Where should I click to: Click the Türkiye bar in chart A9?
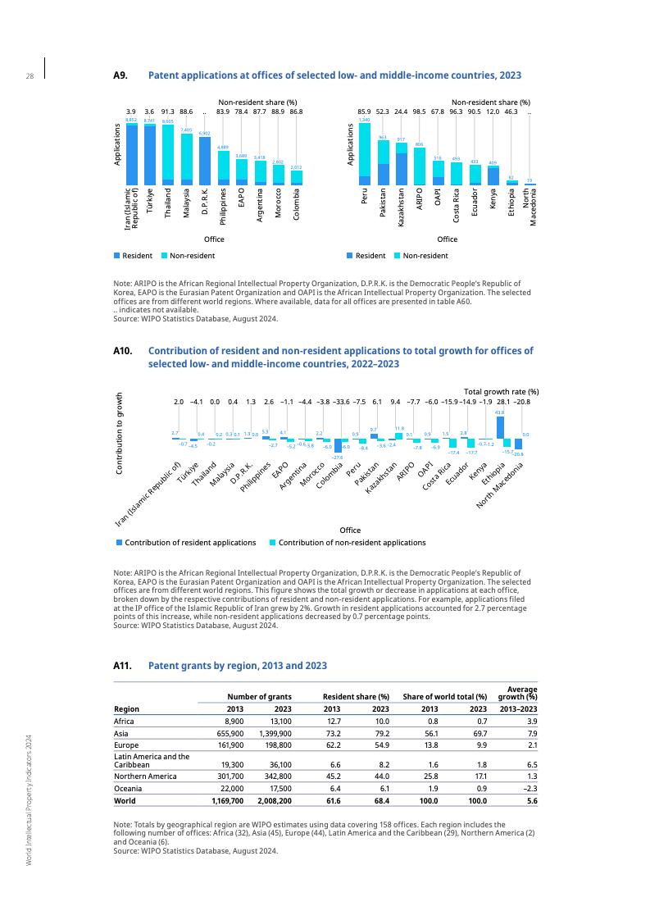click(149, 154)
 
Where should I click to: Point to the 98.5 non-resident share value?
click(420, 111)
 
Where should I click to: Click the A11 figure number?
click(123, 666)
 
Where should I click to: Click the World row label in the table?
click(125, 801)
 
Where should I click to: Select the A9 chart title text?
click(334, 75)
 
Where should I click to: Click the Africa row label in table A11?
click(124, 722)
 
